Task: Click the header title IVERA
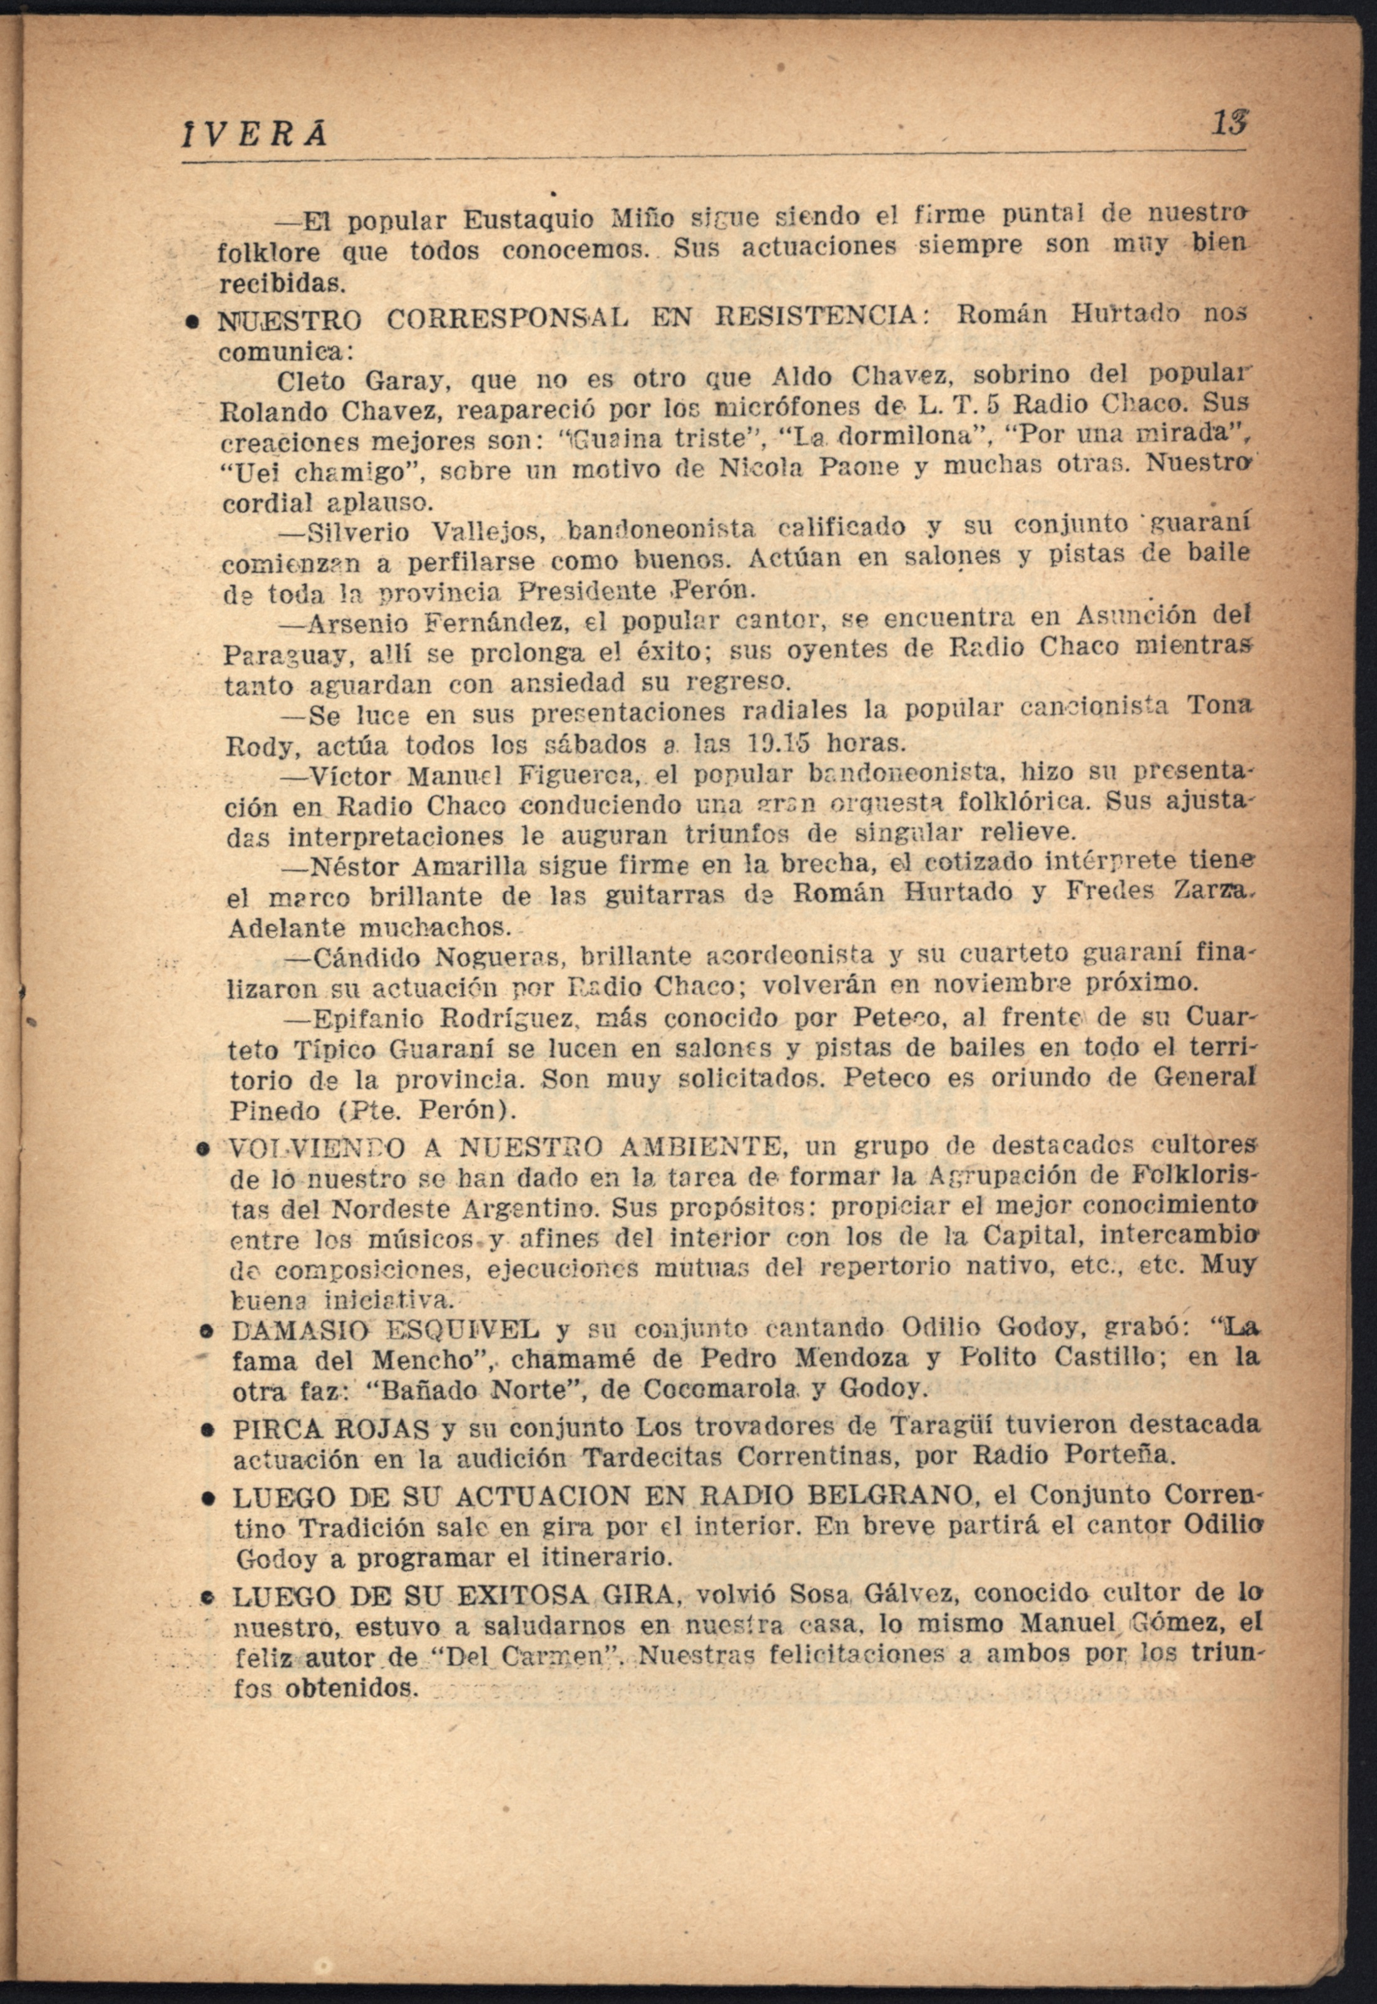coord(255,135)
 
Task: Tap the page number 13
coord(1231,123)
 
